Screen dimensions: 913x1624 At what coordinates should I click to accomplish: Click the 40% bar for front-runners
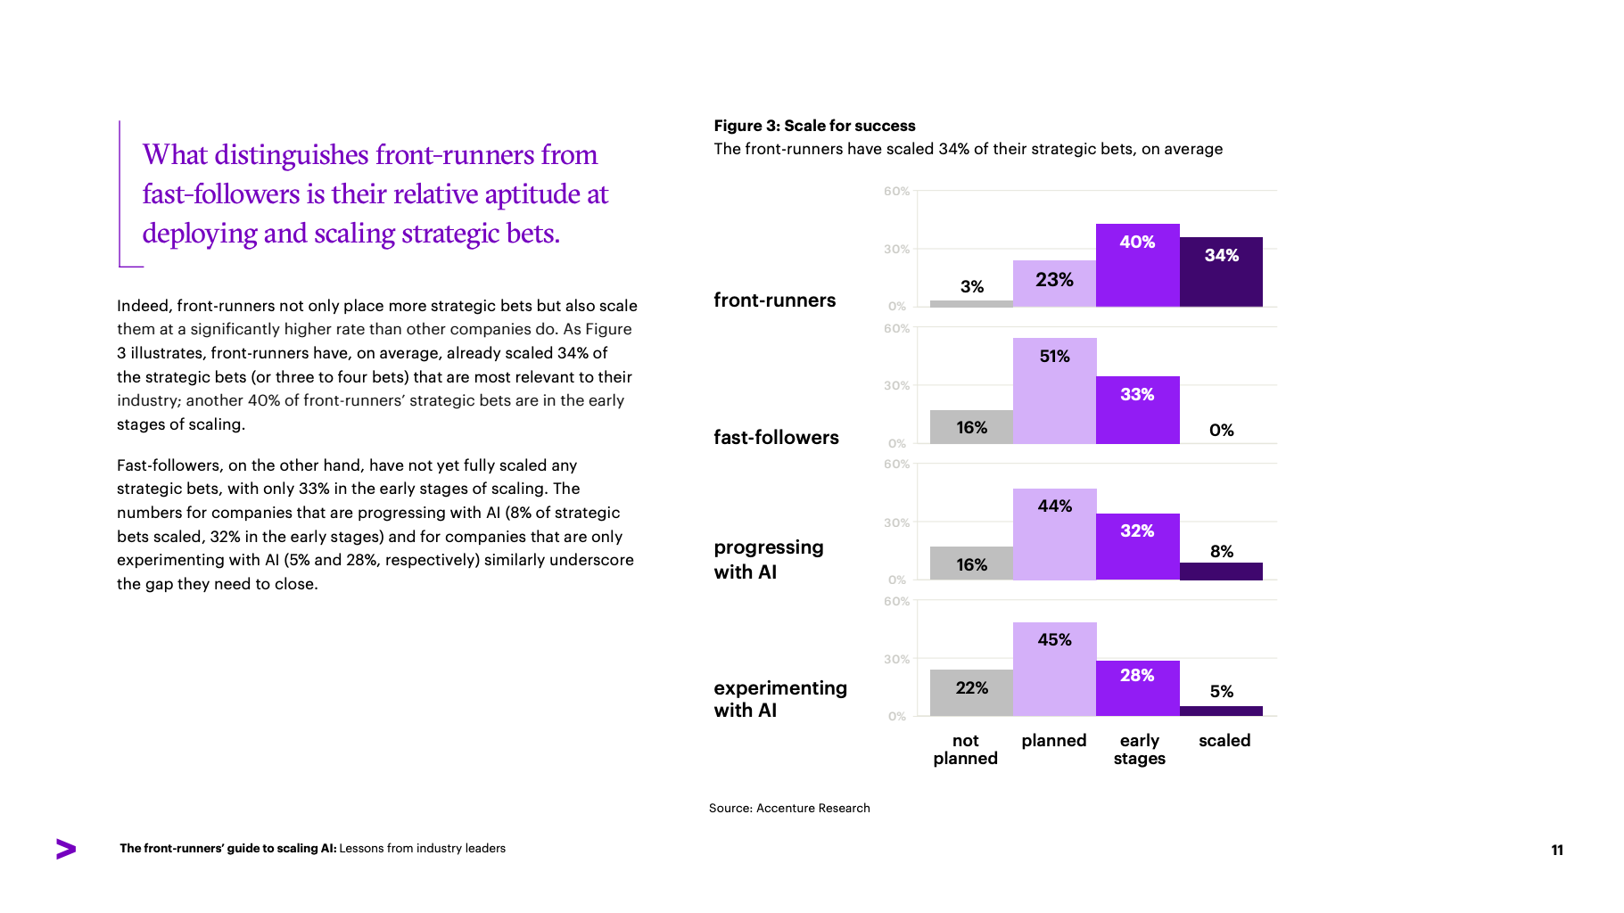pyautogui.click(x=1137, y=266)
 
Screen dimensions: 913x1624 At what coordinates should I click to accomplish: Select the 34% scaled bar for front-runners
pyautogui.click(x=1221, y=272)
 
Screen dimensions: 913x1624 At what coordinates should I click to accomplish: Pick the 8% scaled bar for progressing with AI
pyautogui.click(x=1221, y=572)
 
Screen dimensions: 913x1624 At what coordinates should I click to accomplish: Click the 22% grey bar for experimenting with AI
pyautogui.click(x=971, y=693)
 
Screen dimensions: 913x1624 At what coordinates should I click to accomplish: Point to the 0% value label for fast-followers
pyautogui.click(x=1221, y=430)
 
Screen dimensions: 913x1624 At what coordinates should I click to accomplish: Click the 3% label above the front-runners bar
pyautogui.click(x=971, y=286)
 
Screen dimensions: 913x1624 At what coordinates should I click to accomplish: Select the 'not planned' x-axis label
pyautogui.click(x=965, y=749)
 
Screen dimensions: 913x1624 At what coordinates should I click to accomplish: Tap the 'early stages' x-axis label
pyautogui.click(x=1139, y=749)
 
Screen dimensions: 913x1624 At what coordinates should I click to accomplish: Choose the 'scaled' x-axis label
pyautogui.click(x=1224, y=740)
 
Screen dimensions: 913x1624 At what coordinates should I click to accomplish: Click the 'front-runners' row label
pyautogui.click(x=774, y=300)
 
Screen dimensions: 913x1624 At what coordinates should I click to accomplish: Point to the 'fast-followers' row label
pyautogui.click(x=776, y=438)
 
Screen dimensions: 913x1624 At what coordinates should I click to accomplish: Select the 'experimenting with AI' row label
pyautogui.click(x=779, y=699)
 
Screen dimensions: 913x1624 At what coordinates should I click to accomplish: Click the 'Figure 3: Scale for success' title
pyautogui.click(x=814, y=126)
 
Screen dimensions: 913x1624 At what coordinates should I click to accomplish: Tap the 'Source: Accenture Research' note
pyautogui.click(x=789, y=808)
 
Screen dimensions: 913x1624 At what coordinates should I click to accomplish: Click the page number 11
pyautogui.click(x=1557, y=850)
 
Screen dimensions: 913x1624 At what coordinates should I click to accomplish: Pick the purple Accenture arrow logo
pyautogui.click(x=66, y=849)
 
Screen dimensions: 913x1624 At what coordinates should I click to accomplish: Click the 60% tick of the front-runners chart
pyautogui.click(x=896, y=192)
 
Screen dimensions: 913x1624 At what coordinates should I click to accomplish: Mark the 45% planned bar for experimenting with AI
pyautogui.click(x=1054, y=669)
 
